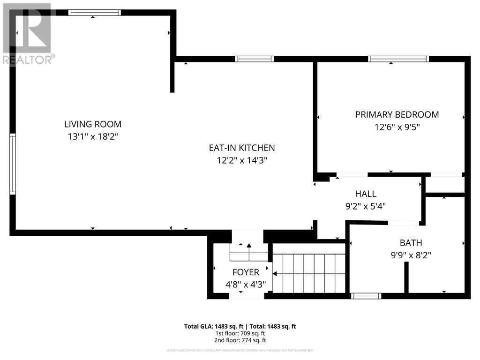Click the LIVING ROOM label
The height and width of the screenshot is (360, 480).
93,124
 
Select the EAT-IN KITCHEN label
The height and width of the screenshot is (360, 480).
242,148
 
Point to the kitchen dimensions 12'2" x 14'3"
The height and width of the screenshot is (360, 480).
242,160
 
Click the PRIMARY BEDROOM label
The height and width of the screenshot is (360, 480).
397,114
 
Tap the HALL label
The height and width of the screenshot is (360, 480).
366,194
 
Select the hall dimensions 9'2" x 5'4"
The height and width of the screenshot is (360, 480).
366,205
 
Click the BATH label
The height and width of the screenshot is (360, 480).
411,243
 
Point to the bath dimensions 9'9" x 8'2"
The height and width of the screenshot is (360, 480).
411,255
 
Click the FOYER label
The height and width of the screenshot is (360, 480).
246,272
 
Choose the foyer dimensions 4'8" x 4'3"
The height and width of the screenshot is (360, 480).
246,284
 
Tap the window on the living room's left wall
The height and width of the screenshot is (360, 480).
13,164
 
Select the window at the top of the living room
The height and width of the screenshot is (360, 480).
94,13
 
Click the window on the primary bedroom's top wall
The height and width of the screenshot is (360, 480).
398,59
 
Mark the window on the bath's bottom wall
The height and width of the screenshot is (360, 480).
366,296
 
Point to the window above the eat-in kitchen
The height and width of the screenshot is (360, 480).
254,59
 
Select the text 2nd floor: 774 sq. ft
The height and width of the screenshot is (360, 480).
240,340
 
